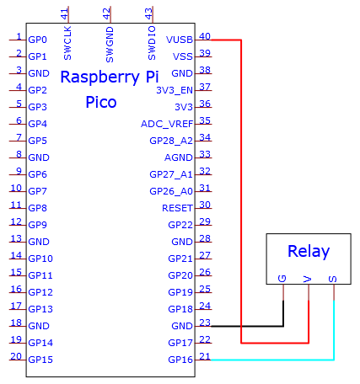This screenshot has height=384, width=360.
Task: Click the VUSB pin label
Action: (180, 40)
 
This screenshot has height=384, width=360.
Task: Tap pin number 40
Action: (205, 36)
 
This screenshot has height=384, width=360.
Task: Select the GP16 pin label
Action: (180, 360)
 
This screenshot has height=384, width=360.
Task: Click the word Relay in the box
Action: (309, 251)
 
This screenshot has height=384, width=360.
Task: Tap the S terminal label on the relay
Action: (333, 279)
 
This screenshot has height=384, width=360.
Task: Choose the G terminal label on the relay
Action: (282, 279)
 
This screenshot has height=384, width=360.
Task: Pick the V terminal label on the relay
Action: (308, 279)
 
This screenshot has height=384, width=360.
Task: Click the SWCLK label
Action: (67, 43)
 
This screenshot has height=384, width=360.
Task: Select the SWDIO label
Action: (152, 43)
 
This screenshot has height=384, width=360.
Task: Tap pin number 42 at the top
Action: (106, 13)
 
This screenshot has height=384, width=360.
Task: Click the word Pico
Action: (101, 102)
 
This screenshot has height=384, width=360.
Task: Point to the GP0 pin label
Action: (37, 40)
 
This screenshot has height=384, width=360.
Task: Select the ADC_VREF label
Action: (167, 124)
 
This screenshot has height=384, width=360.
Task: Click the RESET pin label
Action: (177, 208)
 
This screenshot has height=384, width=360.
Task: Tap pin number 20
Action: (16, 356)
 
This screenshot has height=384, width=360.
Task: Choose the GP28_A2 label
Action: (171, 141)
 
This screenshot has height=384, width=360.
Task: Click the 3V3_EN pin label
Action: (175, 90)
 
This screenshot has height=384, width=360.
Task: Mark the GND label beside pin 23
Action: (182, 326)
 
